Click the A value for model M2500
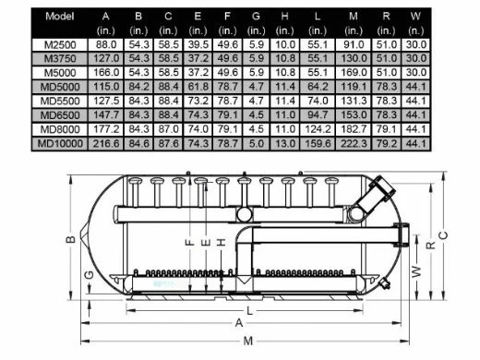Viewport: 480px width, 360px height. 106,44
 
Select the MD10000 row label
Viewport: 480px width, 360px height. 60,143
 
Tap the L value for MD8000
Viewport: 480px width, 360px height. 318,129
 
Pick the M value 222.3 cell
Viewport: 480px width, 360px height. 354,143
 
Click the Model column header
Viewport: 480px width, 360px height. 60,16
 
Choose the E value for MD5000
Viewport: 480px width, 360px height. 198,87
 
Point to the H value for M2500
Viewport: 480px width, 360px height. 285,44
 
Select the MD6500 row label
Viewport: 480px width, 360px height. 60,115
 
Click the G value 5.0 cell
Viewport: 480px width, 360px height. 256,143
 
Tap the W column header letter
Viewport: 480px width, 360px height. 415,16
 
